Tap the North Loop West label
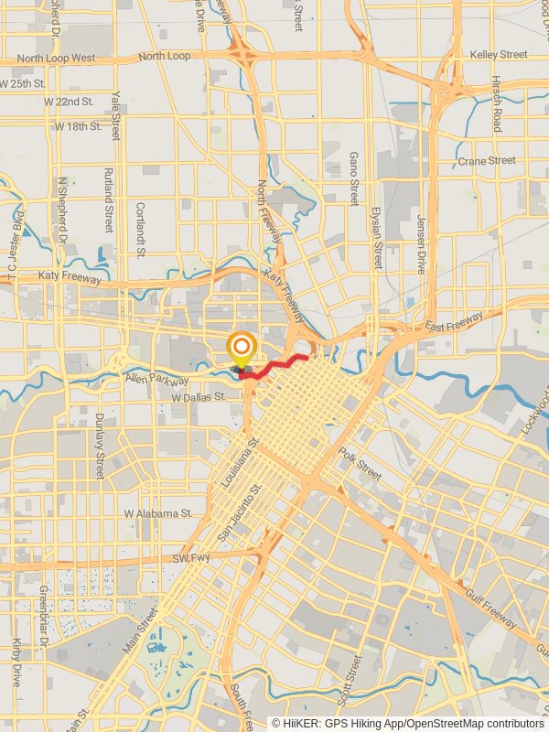[x=56, y=59]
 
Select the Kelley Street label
[x=499, y=55]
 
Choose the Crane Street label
[x=487, y=161]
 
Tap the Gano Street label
[x=354, y=178]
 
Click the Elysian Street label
[x=375, y=237]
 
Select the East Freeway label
[x=453, y=323]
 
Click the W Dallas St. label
[x=198, y=398]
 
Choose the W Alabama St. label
[x=158, y=514]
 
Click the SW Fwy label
[x=192, y=558]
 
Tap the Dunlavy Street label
[x=100, y=447]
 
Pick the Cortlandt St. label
[x=140, y=230]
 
